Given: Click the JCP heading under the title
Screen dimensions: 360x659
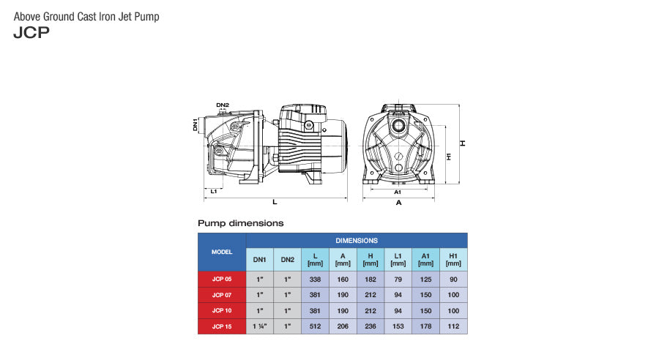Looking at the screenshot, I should coord(31,32).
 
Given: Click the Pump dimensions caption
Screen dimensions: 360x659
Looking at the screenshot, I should coord(240,222).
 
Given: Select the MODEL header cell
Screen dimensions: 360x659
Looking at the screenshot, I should coord(222,252).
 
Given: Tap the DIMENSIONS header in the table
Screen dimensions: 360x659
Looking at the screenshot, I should coord(357,240).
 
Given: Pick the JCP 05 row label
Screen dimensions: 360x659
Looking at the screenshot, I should coord(222,279).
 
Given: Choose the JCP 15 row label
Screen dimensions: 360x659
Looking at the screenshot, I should coord(222,326).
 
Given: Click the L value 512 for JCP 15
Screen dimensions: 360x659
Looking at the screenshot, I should coord(316,326).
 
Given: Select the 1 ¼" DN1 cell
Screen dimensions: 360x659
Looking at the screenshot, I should coord(260,326).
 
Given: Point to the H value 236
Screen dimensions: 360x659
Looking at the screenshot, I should coord(371,326).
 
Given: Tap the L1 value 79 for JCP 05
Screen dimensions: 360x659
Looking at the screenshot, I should coord(398,279).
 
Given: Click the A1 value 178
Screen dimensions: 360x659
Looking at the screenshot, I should coord(425,326).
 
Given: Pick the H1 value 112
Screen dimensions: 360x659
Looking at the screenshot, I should coord(453,326).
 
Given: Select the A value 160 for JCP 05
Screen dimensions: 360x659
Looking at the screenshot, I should coord(343,279).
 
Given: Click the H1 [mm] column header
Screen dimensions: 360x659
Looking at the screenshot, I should coord(453,259).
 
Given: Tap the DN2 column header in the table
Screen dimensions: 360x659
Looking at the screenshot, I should coord(288,259).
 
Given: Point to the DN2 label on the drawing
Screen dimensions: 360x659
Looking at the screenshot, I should coord(223,105).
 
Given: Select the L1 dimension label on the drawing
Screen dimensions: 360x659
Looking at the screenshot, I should coord(213,191).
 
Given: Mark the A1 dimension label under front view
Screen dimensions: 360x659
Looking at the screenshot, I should coord(398,191).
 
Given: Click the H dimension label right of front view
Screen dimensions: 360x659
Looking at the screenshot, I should coord(463,143).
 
